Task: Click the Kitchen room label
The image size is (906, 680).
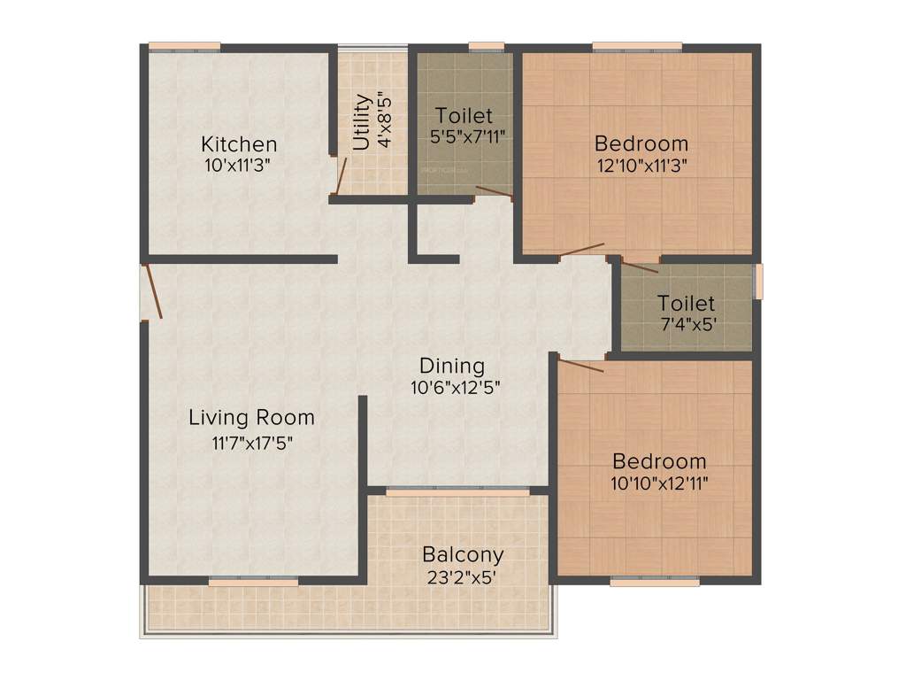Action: click(239, 143)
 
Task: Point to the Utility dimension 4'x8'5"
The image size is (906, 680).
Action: click(384, 121)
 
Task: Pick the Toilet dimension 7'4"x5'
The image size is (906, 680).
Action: click(686, 324)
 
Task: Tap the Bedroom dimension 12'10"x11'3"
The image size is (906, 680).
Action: click(641, 164)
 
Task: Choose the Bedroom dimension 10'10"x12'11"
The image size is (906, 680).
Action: click(659, 483)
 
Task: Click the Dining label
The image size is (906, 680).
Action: click(452, 366)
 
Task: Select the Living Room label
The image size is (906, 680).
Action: click(251, 417)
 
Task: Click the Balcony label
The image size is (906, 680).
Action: click(463, 555)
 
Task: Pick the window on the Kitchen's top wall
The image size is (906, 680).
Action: click(184, 46)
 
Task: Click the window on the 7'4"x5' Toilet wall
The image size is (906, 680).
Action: click(757, 281)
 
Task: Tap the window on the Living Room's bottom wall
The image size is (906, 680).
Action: click(254, 582)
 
